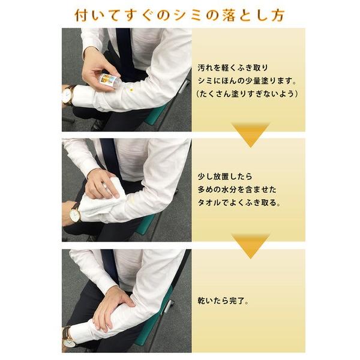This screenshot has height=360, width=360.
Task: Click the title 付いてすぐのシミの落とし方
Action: [180, 14]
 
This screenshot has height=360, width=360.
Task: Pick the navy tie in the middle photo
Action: [111, 157]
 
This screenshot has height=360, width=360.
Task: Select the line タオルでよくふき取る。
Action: [238, 203]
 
